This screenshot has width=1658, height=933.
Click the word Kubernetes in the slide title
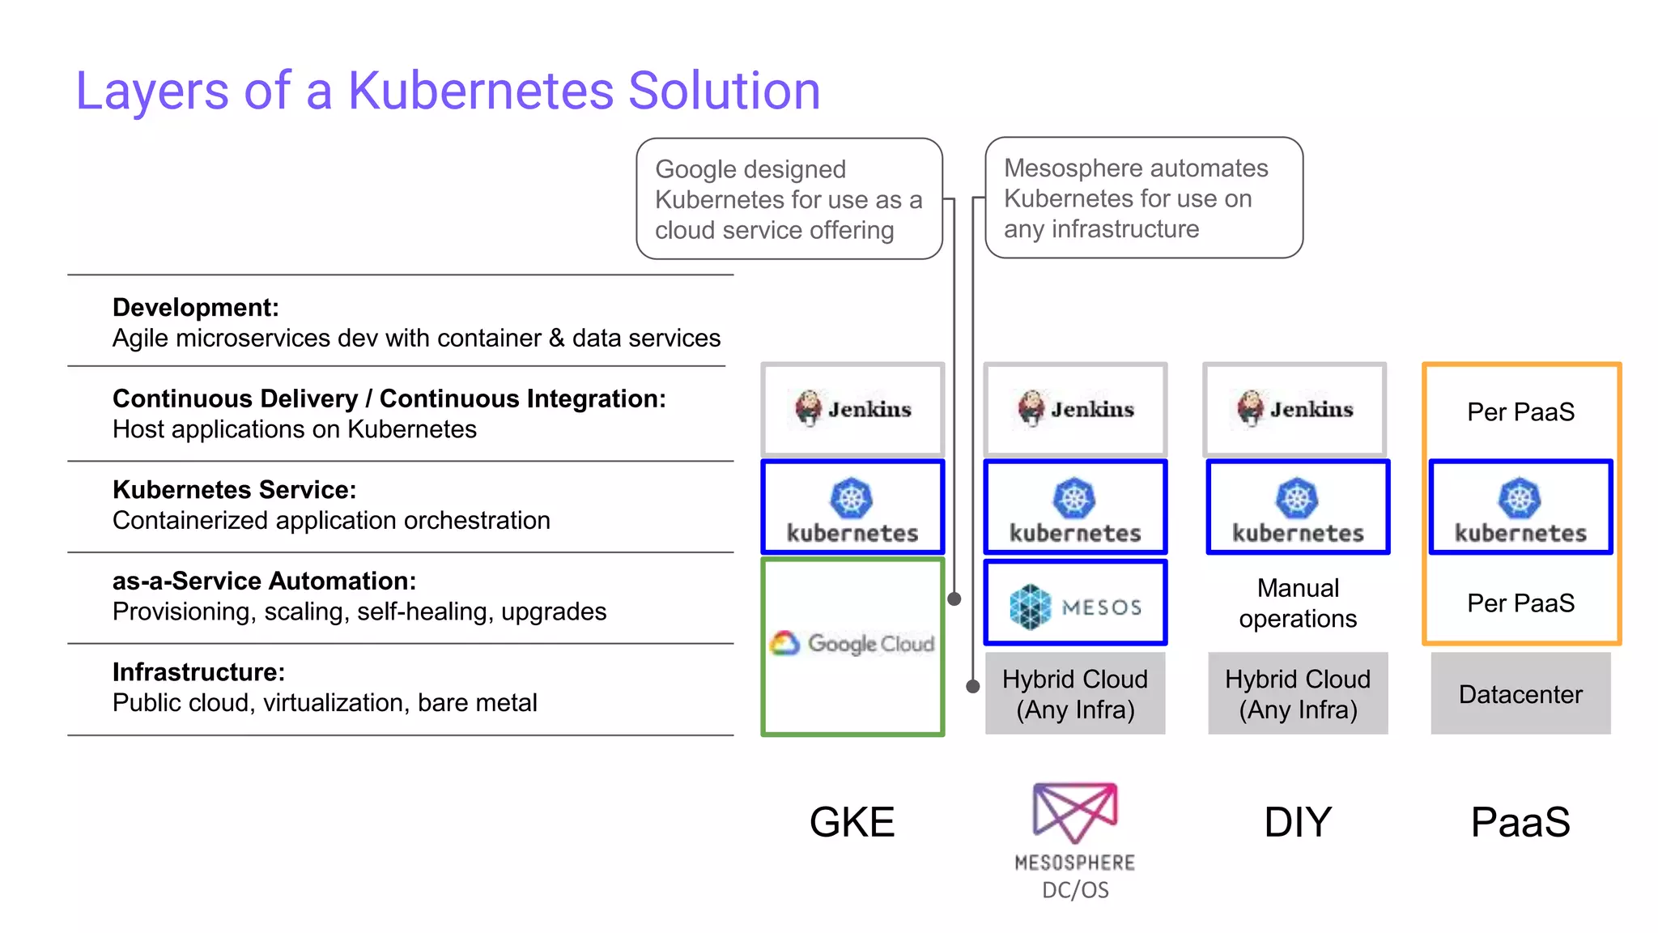click(481, 90)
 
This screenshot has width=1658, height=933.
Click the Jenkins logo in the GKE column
click(852, 409)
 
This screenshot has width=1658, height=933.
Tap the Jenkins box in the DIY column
click(1295, 409)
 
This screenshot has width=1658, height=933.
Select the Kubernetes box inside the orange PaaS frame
click(1520, 508)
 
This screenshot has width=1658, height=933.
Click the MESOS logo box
click(1075, 604)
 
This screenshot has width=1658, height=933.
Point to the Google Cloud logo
click(852, 644)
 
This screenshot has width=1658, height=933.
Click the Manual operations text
click(1298, 603)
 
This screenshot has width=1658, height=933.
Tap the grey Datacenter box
click(1520, 694)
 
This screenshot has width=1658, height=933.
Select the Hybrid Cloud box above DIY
click(1298, 694)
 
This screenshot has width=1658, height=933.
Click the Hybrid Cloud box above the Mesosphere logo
click(1075, 694)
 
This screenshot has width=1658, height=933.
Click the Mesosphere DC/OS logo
click(1075, 838)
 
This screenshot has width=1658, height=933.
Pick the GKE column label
click(852, 822)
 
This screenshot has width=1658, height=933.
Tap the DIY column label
click(1298, 822)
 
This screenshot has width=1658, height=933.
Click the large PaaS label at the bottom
click(1520, 822)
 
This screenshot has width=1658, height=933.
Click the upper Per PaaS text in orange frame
click(1520, 412)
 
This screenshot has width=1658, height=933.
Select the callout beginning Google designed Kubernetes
click(789, 199)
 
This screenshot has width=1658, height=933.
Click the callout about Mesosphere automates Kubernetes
click(1142, 198)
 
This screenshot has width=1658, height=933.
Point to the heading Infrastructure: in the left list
click(198, 672)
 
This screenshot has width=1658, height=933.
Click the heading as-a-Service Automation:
click(264, 581)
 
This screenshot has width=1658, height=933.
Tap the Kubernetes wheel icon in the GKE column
click(852, 498)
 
